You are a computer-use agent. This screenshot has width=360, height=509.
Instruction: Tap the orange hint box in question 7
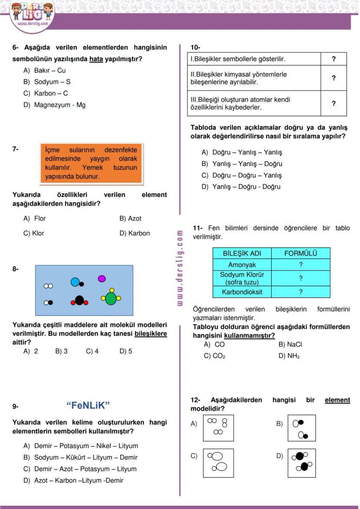coord(91,163)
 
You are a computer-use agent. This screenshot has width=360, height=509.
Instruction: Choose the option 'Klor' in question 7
coord(38,233)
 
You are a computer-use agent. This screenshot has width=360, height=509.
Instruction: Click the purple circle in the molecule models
coord(102,278)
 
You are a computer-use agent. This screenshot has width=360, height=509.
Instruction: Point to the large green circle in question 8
coord(111,299)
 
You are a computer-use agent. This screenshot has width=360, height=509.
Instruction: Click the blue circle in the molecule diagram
coord(75,282)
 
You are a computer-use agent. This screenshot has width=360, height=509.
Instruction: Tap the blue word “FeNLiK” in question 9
coord(88,406)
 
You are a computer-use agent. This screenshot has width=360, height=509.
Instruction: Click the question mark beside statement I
coord(333,59)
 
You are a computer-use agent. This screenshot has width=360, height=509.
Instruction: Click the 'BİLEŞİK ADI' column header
coord(242,253)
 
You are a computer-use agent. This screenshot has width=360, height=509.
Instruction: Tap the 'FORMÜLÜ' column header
coord(300,253)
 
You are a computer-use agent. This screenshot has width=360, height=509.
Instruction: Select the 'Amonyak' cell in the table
coord(242,265)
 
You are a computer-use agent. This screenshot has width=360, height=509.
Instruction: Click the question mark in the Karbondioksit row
coord(300,292)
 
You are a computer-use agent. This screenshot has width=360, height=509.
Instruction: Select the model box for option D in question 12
coord(301,462)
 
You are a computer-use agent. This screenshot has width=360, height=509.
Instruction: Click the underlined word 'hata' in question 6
coord(96,59)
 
